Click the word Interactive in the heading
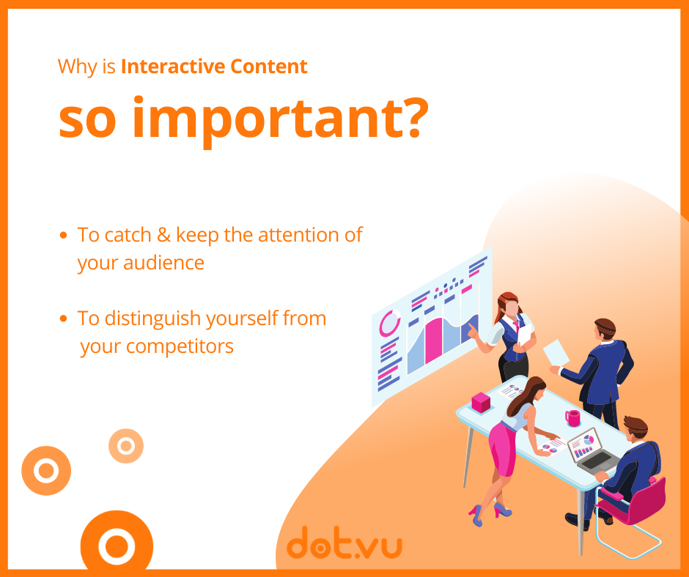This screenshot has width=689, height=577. (x=173, y=67)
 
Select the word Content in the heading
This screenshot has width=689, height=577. (x=268, y=67)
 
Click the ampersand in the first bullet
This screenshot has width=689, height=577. (x=164, y=235)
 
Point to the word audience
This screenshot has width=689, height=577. (x=163, y=263)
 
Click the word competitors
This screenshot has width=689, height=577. (x=180, y=347)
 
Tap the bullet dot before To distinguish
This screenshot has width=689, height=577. (x=63, y=319)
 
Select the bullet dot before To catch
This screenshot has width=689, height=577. (x=63, y=235)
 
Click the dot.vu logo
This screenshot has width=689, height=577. (x=344, y=543)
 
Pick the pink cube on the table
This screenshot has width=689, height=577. (x=481, y=402)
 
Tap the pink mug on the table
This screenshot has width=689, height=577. (x=572, y=418)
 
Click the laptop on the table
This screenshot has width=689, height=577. (x=591, y=451)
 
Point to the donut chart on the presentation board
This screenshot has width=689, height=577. (x=389, y=323)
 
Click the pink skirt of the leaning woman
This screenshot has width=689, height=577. (x=503, y=449)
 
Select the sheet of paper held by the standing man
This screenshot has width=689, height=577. (x=556, y=352)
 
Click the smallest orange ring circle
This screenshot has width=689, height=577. (x=126, y=446)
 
